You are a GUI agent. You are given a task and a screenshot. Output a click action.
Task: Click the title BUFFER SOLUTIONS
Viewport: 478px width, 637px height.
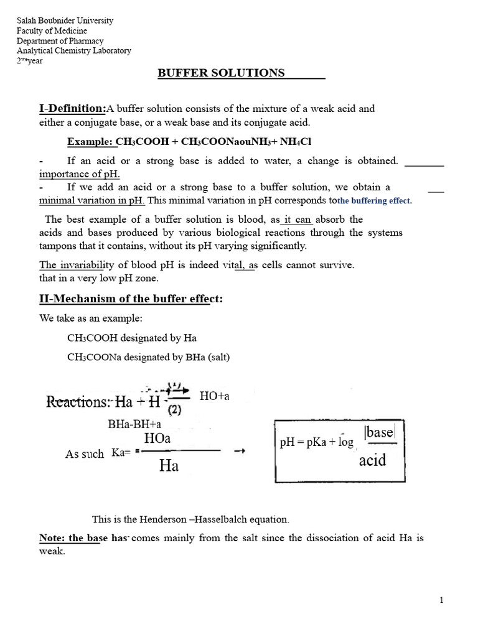click(221, 73)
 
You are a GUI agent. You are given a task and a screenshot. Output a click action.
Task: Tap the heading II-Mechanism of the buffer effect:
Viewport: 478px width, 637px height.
click(131, 299)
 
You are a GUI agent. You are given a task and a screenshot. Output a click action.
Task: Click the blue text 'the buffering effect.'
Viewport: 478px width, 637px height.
click(375, 201)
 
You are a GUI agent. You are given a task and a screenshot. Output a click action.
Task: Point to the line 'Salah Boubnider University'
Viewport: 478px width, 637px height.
click(65, 21)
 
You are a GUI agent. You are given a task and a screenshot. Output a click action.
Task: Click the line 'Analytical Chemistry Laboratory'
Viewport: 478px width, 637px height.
click(74, 51)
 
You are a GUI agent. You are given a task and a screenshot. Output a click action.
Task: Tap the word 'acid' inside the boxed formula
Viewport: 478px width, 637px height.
click(372, 460)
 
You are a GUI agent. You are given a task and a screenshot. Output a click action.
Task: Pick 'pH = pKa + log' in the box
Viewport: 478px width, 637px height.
click(316, 442)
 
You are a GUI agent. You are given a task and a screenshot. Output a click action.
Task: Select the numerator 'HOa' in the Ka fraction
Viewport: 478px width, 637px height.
click(157, 439)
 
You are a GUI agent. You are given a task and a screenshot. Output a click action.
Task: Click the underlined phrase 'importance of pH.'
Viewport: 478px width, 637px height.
click(80, 174)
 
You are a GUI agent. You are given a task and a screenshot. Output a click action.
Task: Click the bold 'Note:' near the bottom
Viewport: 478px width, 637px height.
click(52, 538)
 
